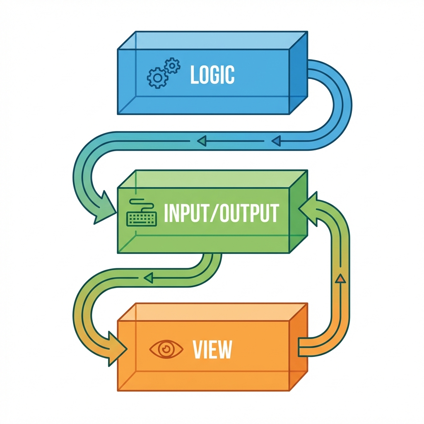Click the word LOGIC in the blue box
click(212, 75)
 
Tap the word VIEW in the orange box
click(212, 350)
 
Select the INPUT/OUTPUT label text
click(221, 213)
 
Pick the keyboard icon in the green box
click(142, 215)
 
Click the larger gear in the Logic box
click(157, 77)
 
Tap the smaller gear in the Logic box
click(172, 66)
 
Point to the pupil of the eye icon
click(166, 348)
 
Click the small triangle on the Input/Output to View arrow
click(149, 278)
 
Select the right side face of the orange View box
click(299, 348)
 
